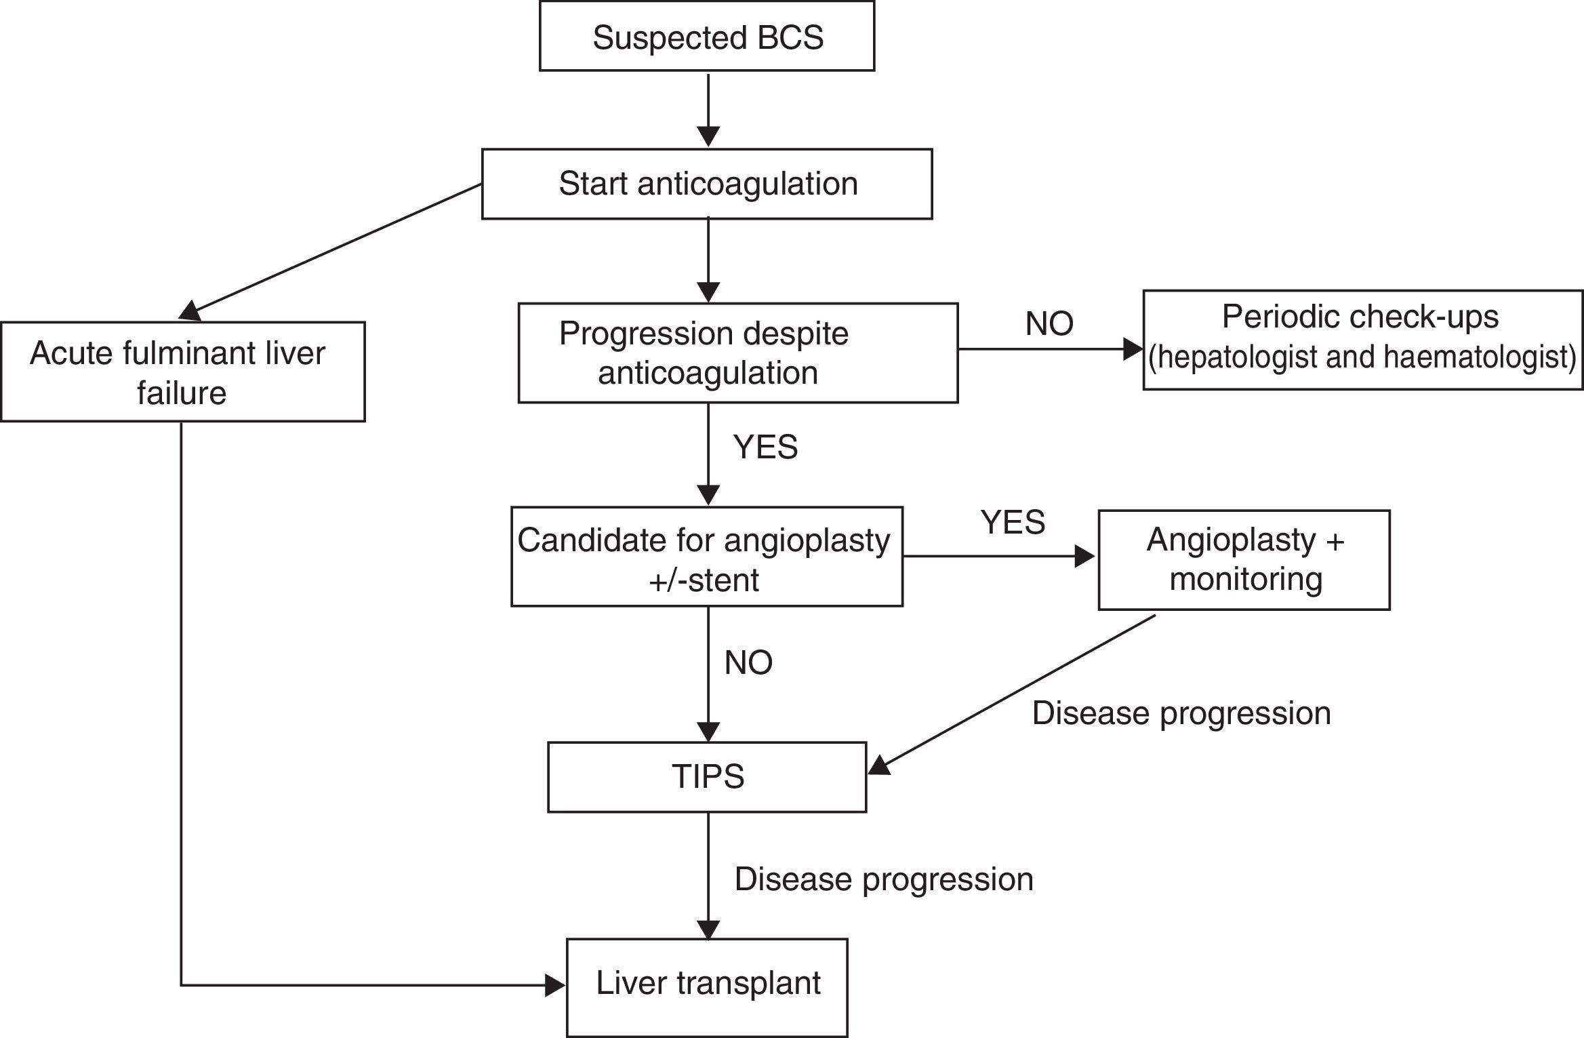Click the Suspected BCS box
pos(707,37)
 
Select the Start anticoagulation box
pos(707,184)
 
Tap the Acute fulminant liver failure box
pos(182,372)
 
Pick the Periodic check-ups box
pos(1362,339)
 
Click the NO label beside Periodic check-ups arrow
pos(1049,324)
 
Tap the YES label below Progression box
pos(765,447)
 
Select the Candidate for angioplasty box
pos(706,557)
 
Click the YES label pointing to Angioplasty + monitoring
pos(1013,522)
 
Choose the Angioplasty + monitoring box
pos(1244,560)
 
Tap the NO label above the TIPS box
pos(748,663)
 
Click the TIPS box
pos(707,776)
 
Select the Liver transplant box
pos(707,986)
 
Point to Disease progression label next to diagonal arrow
pos(1181,713)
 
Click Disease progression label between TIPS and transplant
pos(883,879)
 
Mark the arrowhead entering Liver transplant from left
pos(555,986)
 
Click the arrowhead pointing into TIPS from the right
pos(879,766)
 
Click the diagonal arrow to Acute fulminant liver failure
pos(332,251)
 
